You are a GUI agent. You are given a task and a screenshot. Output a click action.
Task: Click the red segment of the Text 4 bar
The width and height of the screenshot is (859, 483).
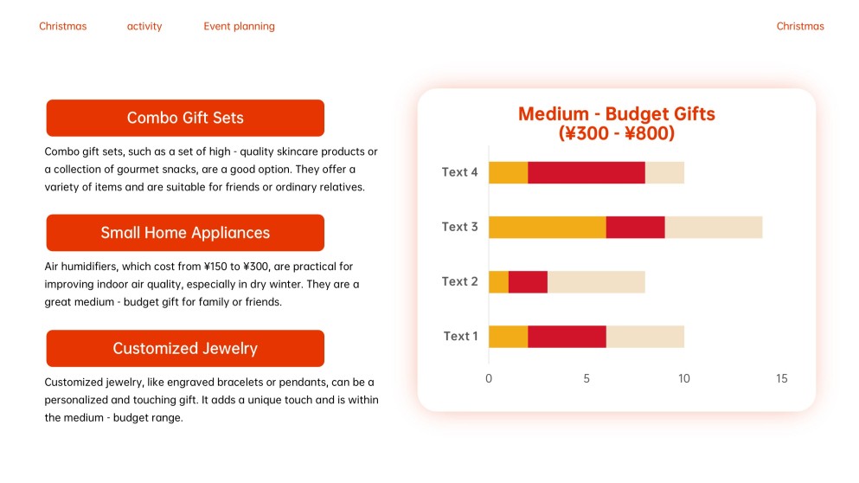pos(587,172)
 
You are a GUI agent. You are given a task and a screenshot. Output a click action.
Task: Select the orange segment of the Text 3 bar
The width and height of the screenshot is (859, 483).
pos(547,227)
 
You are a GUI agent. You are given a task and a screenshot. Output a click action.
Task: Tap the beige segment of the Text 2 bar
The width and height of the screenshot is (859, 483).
pos(596,281)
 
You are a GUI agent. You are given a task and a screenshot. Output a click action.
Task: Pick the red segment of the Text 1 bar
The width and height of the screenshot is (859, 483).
pos(567,336)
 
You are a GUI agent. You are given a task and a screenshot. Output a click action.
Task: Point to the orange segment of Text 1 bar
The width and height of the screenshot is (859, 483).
pos(508,336)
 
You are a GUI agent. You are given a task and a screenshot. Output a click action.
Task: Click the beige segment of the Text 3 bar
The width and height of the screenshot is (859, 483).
pos(713,227)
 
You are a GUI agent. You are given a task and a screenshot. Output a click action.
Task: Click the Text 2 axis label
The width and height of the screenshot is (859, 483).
pos(459,281)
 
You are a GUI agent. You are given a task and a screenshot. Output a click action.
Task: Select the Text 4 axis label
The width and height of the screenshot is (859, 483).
pos(459,172)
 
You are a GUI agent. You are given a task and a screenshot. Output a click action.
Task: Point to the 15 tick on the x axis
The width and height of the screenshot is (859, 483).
pos(782,378)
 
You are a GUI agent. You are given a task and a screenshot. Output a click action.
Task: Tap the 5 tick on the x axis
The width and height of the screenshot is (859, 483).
pos(587,378)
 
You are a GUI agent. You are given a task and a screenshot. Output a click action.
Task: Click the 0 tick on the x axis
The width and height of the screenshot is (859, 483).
pos(489,378)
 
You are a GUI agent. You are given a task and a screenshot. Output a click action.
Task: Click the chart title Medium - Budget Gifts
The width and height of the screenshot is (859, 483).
pos(616,114)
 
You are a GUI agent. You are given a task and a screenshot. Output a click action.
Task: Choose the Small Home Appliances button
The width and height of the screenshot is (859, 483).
pos(185,233)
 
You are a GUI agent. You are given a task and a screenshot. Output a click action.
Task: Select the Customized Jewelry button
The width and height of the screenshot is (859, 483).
pos(185,349)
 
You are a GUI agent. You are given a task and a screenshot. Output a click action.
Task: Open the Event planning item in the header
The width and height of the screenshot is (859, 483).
pos(239,26)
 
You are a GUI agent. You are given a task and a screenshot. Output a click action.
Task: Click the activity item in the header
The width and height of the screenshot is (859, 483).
pos(144,26)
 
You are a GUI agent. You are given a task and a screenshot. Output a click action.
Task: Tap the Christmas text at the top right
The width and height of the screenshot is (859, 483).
pos(800,26)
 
